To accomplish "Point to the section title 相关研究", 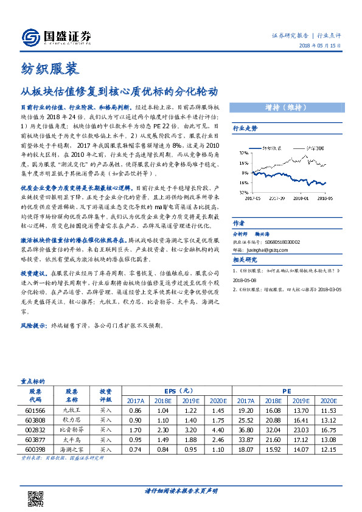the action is (245, 243).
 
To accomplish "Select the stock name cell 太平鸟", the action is (72, 438).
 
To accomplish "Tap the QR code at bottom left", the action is (35, 499).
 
